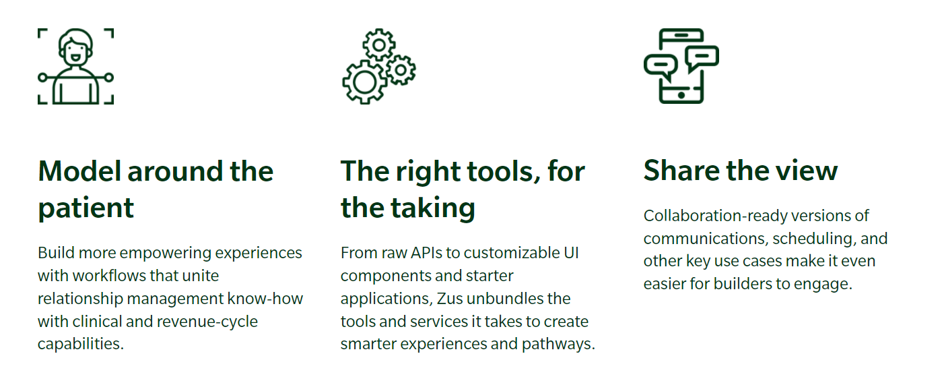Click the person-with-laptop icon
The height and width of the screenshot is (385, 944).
[76, 66]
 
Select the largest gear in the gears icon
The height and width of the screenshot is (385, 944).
[365, 82]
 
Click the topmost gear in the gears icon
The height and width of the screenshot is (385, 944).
[379, 45]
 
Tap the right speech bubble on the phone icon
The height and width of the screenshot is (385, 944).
[702, 58]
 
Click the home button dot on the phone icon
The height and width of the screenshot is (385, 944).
[681, 95]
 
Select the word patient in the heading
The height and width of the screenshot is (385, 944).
[86, 208]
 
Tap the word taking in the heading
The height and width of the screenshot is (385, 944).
[433, 208]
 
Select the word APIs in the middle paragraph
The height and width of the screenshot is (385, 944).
[426, 253]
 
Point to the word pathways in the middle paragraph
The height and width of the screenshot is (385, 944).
[558, 345]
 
